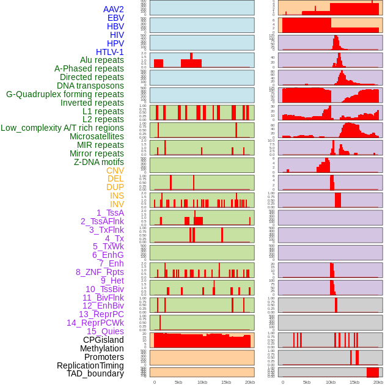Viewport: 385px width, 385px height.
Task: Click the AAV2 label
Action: [x=114, y=9]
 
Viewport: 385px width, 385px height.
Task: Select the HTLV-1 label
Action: [x=110, y=52]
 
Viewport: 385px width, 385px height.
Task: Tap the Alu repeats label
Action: [x=102, y=60]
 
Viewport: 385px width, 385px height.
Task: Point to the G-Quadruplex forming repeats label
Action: [x=65, y=94]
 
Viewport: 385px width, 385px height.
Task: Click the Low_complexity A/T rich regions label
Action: [x=62, y=128]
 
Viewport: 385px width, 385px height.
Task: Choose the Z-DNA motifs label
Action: [x=99, y=162]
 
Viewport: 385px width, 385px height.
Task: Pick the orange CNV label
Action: [x=115, y=170]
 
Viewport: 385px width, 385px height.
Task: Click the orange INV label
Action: [x=117, y=204]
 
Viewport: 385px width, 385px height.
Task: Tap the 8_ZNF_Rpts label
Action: [x=100, y=272]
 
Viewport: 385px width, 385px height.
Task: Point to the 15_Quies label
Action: [x=105, y=331]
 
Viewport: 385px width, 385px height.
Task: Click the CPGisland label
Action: [x=103, y=340]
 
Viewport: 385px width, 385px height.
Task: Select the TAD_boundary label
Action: [x=95, y=373]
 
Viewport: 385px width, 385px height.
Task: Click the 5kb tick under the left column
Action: [x=178, y=382]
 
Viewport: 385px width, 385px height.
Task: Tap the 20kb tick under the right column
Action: [x=378, y=382]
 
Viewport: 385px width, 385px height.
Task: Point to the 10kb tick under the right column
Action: [x=331, y=382]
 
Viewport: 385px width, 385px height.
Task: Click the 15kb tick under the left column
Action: [x=226, y=382]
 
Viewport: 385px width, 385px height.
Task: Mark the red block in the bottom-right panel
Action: [x=372, y=372]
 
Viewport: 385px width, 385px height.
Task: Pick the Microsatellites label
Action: [x=97, y=136]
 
